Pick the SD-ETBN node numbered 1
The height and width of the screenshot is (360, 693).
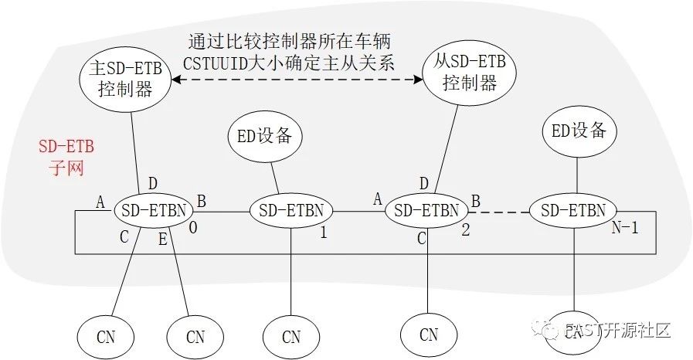tap(290, 209)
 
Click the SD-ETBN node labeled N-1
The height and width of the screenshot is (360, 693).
tap(572, 209)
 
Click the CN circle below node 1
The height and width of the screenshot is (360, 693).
tap(290, 337)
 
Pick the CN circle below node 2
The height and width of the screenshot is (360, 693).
tap(428, 335)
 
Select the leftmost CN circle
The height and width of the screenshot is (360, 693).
tap(105, 337)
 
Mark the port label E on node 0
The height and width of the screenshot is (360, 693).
tap(162, 239)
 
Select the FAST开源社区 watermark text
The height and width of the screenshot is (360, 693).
tap(618, 331)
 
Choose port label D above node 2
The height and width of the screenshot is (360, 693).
tap(423, 183)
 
